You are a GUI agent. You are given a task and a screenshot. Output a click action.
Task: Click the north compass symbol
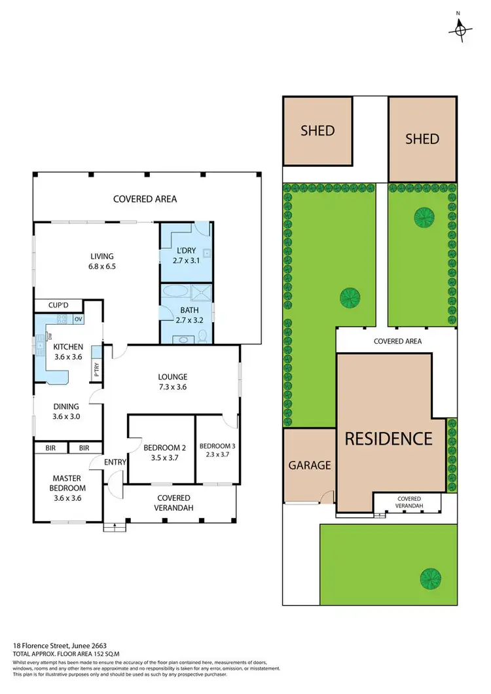tap(461, 28)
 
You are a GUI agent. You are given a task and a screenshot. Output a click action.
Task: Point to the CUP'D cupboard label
tap(58, 305)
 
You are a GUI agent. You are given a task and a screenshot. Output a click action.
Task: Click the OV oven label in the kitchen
tap(78, 319)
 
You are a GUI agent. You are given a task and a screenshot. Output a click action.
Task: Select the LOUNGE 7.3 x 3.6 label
tap(173, 382)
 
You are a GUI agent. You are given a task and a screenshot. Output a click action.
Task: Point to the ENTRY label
tap(115, 462)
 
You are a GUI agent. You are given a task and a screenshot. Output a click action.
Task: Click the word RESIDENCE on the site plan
tap(388, 439)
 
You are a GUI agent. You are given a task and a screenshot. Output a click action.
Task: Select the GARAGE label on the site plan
tap(310, 466)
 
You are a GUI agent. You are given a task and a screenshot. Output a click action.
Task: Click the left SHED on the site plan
tap(318, 131)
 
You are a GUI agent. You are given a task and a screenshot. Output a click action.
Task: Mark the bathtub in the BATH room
tap(175, 292)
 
